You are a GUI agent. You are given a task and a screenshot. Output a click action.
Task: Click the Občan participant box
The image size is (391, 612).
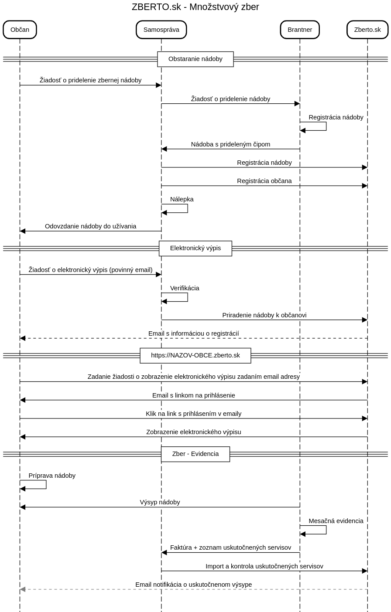point(20,30)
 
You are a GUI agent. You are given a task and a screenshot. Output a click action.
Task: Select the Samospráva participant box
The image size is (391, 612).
point(161,30)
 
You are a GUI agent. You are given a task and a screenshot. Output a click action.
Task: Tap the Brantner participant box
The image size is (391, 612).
point(300,30)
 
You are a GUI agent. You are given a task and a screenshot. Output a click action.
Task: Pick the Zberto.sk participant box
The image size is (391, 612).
point(367,30)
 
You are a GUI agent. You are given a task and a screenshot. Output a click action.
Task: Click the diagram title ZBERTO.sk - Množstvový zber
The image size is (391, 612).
point(195,7)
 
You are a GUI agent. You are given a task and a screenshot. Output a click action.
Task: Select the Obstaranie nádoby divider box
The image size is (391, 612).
point(195,59)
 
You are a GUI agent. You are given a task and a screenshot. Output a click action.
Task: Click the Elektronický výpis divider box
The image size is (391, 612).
point(195,248)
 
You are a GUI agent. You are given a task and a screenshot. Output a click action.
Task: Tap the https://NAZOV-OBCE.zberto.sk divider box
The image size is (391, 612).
point(195,355)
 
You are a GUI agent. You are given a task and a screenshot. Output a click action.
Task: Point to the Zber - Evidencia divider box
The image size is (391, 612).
point(195,454)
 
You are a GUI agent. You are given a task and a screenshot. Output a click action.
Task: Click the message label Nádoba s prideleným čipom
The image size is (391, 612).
point(230,144)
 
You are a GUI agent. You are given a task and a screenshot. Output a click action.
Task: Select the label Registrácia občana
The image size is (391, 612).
point(264,181)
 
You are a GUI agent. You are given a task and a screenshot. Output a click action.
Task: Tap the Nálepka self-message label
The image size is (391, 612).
point(182,199)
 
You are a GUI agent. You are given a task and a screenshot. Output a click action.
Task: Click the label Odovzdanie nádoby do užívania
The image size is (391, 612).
point(90,226)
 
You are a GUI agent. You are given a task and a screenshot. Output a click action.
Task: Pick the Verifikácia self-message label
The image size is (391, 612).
point(185,288)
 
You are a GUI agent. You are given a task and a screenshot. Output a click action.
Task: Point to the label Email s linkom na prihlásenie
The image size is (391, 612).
point(194,395)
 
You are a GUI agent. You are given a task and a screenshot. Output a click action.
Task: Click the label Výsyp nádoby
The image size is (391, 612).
point(160,502)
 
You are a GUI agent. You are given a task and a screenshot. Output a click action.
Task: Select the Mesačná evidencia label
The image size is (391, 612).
point(336,521)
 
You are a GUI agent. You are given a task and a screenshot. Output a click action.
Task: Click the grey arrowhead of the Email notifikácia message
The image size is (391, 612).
point(23,589)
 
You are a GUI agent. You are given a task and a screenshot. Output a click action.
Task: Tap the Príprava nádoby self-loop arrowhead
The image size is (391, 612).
point(23,489)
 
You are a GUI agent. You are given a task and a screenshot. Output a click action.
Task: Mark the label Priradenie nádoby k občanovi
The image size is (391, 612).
point(264,315)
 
